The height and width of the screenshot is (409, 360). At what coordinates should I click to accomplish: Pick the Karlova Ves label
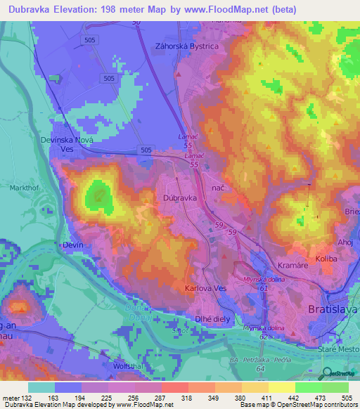point(205,289)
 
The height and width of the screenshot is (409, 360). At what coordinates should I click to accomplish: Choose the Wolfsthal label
point(127,366)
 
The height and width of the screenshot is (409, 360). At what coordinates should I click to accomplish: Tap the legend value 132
point(21,398)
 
